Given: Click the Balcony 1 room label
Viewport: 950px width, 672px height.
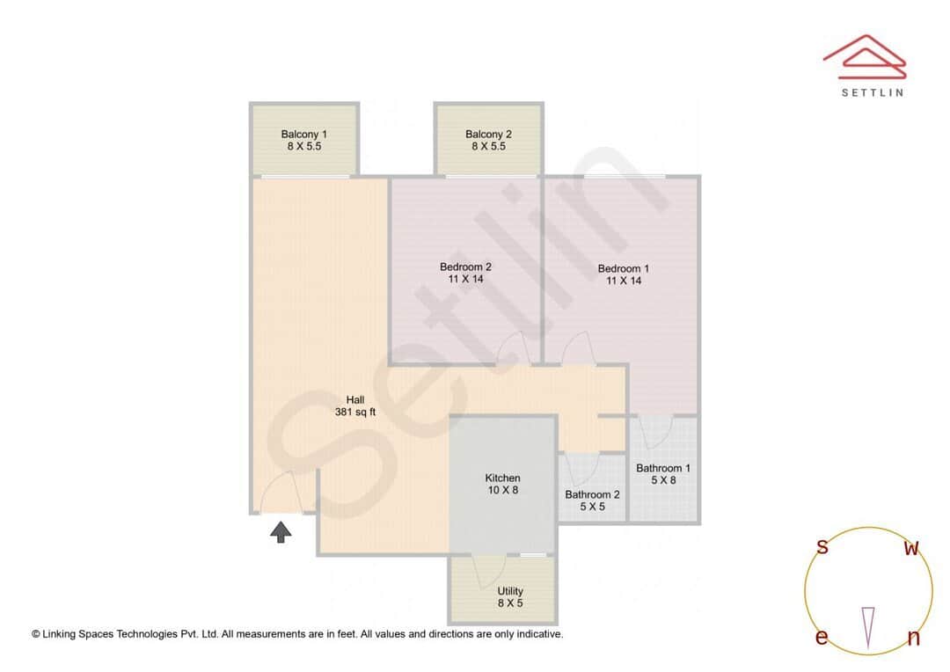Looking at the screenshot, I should click(x=303, y=140).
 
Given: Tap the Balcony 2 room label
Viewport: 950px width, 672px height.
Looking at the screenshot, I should click(x=488, y=140).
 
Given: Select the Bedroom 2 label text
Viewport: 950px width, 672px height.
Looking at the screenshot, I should click(x=465, y=273).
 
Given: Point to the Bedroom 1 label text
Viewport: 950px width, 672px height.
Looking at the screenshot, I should click(x=624, y=274).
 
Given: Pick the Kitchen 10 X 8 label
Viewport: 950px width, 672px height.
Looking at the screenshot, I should click(x=502, y=484).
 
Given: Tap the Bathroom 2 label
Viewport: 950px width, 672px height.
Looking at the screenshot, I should click(x=592, y=500).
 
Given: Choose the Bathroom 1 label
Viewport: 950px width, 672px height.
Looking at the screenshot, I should click(x=663, y=474).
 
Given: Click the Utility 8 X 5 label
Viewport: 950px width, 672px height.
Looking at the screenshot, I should click(x=510, y=597).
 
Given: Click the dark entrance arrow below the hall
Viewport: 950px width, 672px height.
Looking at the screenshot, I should click(x=281, y=531).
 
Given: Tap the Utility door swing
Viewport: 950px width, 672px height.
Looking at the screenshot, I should click(x=485, y=573).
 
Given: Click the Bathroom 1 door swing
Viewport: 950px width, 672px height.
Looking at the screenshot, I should click(x=655, y=433).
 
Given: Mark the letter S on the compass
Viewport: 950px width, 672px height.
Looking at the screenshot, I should click(x=822, y=547).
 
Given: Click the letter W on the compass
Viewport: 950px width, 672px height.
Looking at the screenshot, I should click(x=912, y=549).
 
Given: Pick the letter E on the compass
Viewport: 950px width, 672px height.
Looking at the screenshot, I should click(x=822, y=638).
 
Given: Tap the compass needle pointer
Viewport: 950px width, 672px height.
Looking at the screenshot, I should click(x=869, y=625).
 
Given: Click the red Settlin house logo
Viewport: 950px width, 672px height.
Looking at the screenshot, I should click(x=864, y=55).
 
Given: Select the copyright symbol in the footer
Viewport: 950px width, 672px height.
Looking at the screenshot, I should click(x=36, y=633).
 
